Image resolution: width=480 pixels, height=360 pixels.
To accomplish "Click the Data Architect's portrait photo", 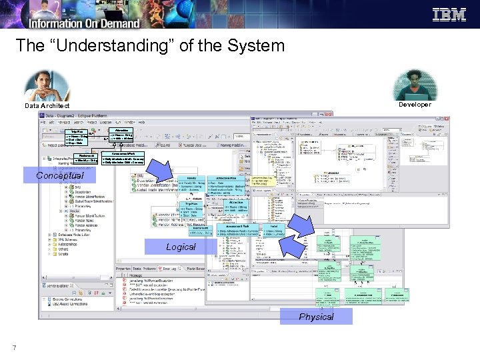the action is pyautogui.click(x=46, y=86).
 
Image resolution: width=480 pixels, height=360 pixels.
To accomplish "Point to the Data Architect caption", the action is pyautogui.click(x=47, y=105).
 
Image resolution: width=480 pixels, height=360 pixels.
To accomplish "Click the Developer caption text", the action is pyautogui.click(x=415, y=104).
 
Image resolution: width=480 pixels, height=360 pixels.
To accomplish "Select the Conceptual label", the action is pyautogui.click(x=60, y=176).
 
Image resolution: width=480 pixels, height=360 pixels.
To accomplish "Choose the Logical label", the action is pyautogui.click(x=181, y=247).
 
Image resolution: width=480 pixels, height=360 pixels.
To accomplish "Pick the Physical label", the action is pyautogui.click(x=316, y=316).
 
